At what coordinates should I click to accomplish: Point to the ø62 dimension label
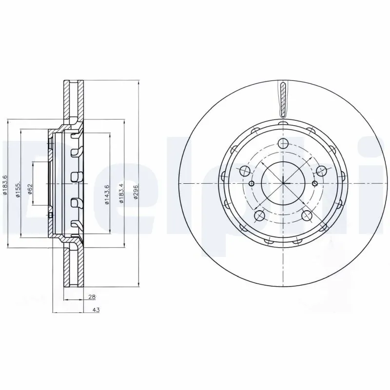(x=30, y=189)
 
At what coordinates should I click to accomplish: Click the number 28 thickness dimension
(x=92, y=296)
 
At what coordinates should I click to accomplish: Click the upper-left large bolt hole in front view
(x=245, y=171)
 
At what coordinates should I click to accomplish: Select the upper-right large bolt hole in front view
(x=321, y=171)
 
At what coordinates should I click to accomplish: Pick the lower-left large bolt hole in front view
(x=259, y=214)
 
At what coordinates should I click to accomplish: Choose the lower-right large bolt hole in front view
(x=307, y=214)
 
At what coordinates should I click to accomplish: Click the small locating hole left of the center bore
(x=251, y=183)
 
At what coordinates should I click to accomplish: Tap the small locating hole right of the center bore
(x=315, y=183)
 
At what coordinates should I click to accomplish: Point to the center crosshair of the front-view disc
(x=283, y=183)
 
